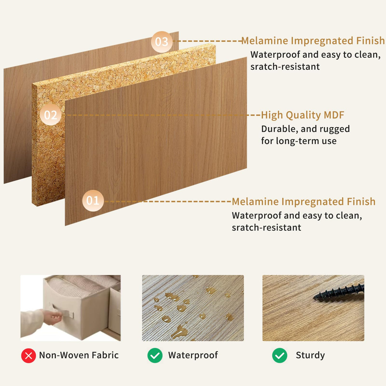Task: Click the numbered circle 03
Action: [x=162, y=42]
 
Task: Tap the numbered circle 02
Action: [x=51, y=115]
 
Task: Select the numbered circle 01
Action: [x=93, y=201]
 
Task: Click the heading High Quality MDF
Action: [x=302, y=115]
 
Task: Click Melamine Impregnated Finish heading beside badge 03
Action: [x=313, y=41]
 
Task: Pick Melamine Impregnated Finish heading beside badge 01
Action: [x=303, y=202]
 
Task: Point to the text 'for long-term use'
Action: [x=299, y=141]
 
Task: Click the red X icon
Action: [x=29, y=355]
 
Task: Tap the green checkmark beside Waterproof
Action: [x=155, y=355]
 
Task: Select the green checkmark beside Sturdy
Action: [x=279, y=355]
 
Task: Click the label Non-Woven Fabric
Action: [x=79, y=355]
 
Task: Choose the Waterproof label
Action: [x=193, y=355]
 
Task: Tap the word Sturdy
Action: [x=310, y=355]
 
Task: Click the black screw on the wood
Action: [x=339, y=292]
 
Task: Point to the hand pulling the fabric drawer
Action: [x=52, y=316]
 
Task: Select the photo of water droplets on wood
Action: [x=193, y=308]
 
